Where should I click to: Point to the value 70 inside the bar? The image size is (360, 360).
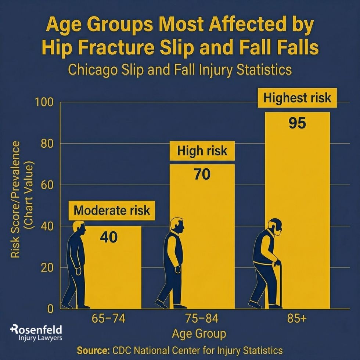coord(202,174)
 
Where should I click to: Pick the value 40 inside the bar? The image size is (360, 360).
coord(109,237)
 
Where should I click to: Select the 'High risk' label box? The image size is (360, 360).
coord(202,151)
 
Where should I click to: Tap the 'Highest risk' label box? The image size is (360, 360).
coord(297,98)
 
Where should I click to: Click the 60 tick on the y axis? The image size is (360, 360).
coord(47,185)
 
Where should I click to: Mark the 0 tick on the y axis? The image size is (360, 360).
coord(51,309)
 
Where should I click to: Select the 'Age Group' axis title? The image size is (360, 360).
coord(199,334)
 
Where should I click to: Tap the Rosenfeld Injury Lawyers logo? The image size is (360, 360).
coord(36,332)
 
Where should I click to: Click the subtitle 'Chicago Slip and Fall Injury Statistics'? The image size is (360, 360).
coord(180,69)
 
